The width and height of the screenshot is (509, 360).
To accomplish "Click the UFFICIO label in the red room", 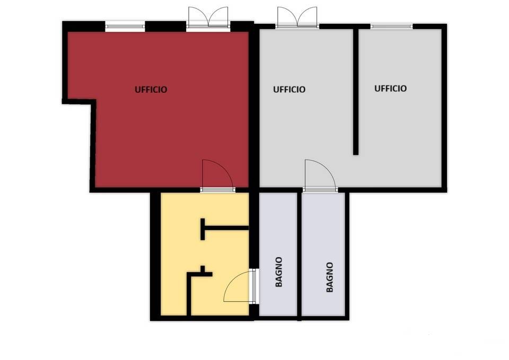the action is [x=151, y=90].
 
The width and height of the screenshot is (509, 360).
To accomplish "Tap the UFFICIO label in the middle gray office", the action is [x=289, y=90].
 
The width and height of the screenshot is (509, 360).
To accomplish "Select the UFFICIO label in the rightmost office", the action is [x=391, y=89].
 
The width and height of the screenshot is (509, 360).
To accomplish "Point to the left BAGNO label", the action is [x=279, y=272].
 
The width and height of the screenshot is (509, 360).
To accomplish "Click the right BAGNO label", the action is [x=329, y=277].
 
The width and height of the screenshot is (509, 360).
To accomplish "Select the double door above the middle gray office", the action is [x=297, y=18].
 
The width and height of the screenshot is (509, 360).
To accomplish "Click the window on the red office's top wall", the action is [x=125, y=27].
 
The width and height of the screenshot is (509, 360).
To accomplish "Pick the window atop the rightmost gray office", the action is [x=391, y=27].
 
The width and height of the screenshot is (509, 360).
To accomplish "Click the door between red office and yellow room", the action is [x=217, y=175].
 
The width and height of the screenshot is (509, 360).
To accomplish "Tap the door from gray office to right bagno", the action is [x=320, y=175].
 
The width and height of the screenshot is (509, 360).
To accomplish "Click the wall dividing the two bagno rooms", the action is [x=299, y=255].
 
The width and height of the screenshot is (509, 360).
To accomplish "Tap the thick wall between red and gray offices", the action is [x=254, y=107].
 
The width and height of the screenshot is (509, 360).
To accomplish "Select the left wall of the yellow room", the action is [x=155, y=256].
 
